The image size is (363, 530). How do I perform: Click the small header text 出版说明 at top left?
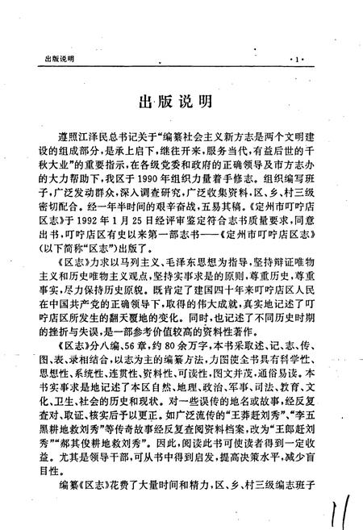pos(54,60)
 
